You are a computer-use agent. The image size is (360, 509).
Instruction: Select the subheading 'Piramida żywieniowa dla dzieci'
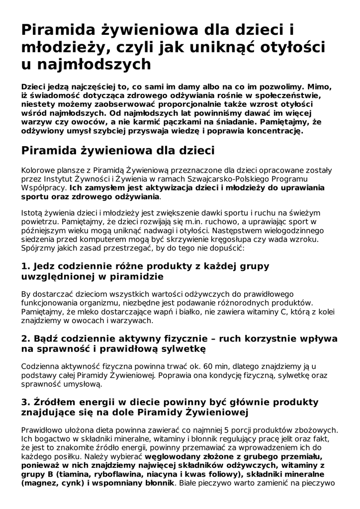click(x=118, y=150)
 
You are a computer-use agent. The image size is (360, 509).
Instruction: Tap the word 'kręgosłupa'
click(x=246, y=240)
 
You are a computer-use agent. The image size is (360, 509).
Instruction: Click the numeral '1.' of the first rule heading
click(x=26, y=266)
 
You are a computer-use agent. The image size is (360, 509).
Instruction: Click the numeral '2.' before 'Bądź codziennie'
click(x=26, y=339)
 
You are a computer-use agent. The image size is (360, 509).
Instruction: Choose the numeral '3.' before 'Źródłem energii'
click(x=26, y=402)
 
